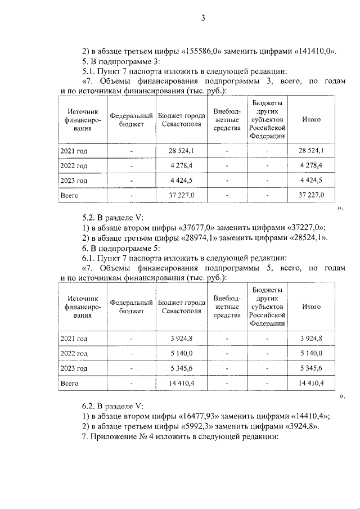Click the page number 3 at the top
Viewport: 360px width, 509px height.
204,19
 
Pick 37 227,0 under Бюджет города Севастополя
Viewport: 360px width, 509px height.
181,195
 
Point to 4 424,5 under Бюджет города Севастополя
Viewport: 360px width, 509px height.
181,181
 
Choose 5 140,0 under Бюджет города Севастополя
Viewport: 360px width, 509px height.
181,353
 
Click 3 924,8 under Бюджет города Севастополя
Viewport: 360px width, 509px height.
181,338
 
